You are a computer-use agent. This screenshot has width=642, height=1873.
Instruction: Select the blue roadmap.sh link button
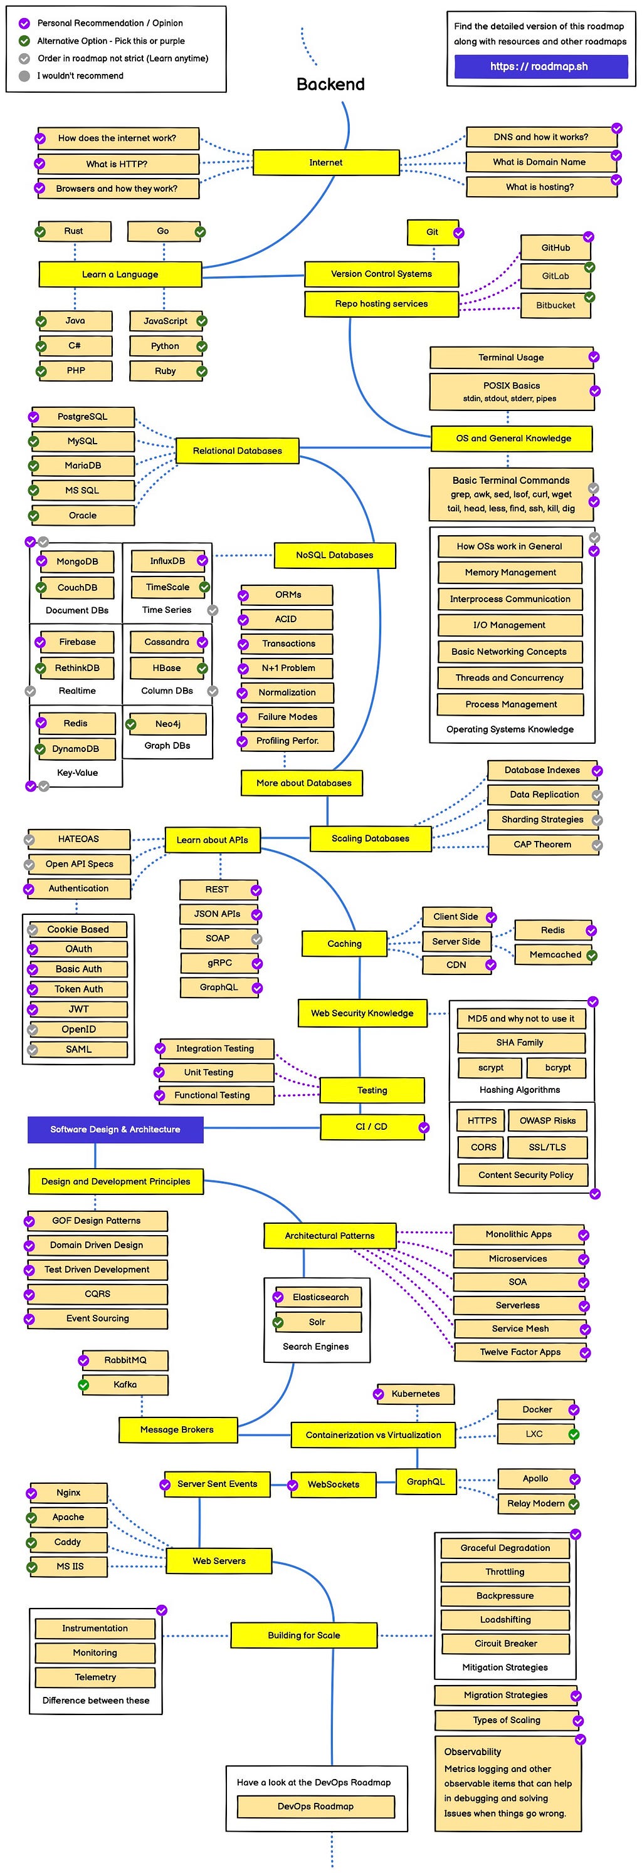coord(540,66)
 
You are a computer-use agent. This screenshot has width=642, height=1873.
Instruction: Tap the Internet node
coord(326,163)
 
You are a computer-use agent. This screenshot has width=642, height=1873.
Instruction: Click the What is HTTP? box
coord(117,164)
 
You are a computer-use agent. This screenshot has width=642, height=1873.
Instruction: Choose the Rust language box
coord(74,231)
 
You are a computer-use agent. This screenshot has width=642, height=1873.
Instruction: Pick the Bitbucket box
coord(555,305)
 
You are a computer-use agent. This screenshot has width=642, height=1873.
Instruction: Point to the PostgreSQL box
coord(83,417)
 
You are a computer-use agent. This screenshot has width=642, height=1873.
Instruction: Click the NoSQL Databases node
coord(334,555)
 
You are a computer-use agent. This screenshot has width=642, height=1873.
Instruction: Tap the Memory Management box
coord(510,573)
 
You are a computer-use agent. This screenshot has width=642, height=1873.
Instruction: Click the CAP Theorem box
coord(542,845)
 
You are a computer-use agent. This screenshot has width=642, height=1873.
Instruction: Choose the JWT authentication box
coord(78,1010)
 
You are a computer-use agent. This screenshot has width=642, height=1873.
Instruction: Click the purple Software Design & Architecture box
coord(115,1129)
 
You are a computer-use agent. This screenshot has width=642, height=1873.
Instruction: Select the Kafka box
coord(125,1384)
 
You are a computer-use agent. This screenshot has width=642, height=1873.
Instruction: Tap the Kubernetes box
coord(415,1394)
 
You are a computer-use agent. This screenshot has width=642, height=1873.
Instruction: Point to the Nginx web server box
coord(68,1493)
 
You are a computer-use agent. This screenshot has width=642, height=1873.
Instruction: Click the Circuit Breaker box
coord(505,1643)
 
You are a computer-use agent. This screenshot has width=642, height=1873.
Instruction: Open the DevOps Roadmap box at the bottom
coord(315,1806)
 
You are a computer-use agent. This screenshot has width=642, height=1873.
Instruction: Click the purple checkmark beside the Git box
coord(459,233)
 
